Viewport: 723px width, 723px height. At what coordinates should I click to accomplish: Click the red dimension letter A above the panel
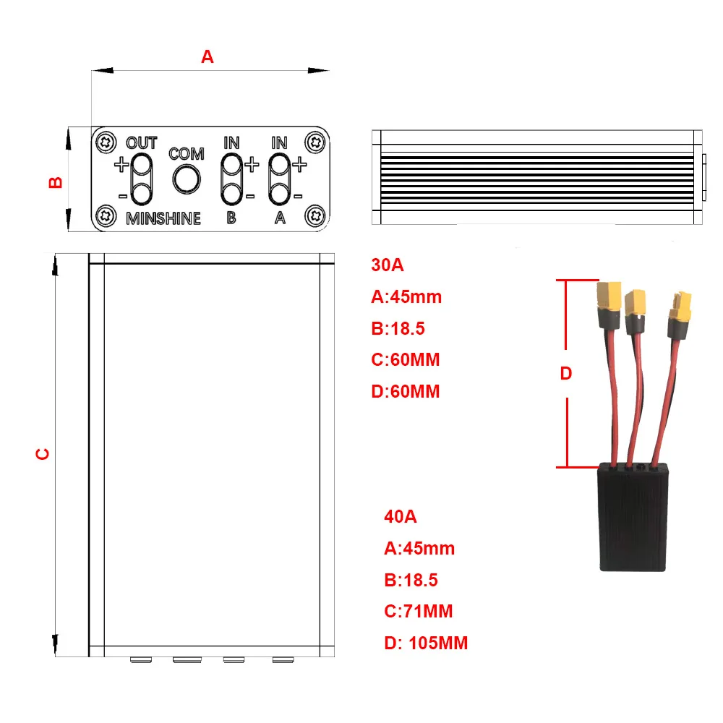tap(208, 56)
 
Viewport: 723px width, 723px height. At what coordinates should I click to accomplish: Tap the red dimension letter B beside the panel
tap(56, 181)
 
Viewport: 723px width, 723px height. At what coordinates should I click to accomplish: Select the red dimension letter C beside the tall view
tap(43, 453)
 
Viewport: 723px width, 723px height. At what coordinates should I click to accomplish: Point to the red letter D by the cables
tap(566, 374)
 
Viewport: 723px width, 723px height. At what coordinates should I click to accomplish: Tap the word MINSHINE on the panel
tap(163, 218)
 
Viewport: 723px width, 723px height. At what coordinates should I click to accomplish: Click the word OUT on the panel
tap(141, 143)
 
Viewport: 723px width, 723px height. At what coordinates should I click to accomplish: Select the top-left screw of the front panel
tap(107, 141)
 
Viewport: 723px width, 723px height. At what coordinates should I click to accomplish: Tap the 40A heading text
tap(400, 517)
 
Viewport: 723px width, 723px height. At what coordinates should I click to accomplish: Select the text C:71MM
tap(419, 612)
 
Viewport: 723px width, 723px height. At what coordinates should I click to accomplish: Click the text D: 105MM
tap(426, 643)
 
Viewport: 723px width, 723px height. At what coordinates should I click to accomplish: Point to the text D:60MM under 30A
tap(406, 391)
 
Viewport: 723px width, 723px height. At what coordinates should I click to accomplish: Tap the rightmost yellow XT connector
tap(680, 307)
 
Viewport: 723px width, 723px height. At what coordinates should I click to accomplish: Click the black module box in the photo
tap(634, 519)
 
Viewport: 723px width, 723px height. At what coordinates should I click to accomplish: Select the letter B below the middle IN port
tap(231, 218)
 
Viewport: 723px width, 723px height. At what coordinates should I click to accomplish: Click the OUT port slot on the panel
tap(142, 179)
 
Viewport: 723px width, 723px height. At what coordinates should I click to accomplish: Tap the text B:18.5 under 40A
tap(411, 580)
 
